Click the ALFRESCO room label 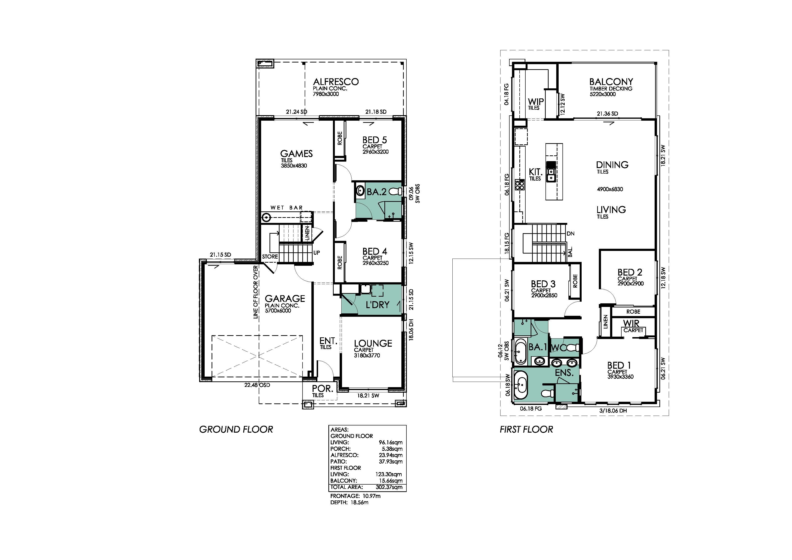tap(336, 82)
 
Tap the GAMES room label tap(296, 153)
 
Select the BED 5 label tap(375, 140)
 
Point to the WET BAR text tap(287, 208)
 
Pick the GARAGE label tap(285, 299)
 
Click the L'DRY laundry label tap(377, 305)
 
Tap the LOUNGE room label tap(373, 343)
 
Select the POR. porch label tap(323, 389)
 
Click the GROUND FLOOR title tap(236, 430)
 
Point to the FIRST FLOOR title tap(526, 430)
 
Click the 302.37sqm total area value tap(389, 487)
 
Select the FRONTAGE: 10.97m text tap(355, 496)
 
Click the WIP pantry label tap(536, 102)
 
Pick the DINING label tap(612, 165)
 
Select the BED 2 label tap(630, 272)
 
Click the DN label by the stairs tap(571, 234)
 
